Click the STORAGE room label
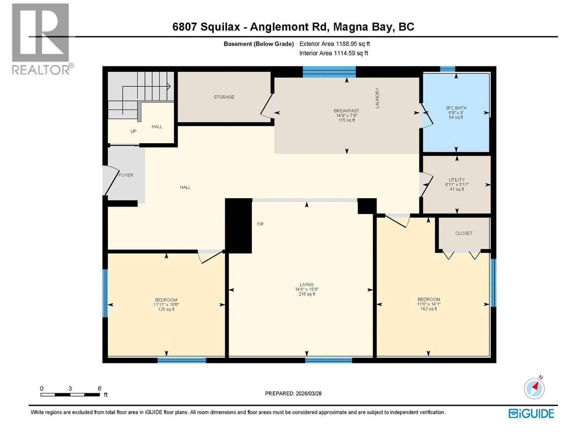(x=224, y=97)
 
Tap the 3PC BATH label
(x=456, y=108)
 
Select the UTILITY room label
(x=456, y=180)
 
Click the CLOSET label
(x=464, y=233)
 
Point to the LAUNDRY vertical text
(x=377, y=98)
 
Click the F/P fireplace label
(x=260, y=224)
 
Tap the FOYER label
(x=126, y=175)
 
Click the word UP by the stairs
(x=133, y=131)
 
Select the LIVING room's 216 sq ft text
(x=307, y=294)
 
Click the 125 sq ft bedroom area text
(x=166, y=309)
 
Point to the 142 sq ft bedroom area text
(x=429, y=309)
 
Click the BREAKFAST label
(x=346, y=111)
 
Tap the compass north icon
(x=534, y=388)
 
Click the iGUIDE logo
(x=531, y=413)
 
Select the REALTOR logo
(x=40, y=39)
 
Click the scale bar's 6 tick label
(x=99, y=388)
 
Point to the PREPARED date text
(x=293, y=394)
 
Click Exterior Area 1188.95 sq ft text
(x=334, y=44)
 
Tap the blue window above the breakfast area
(x=329, y=72)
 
